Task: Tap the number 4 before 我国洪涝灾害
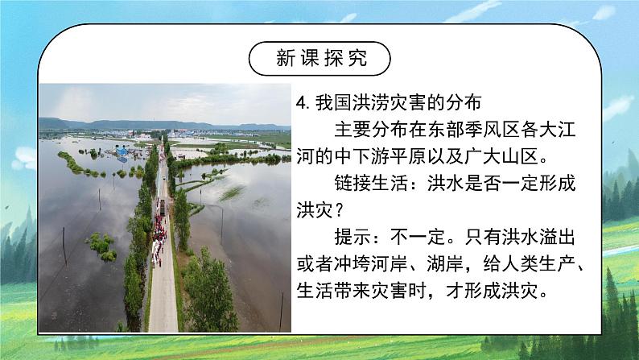click(x=300, y=102)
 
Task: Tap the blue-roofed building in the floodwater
click(x=122, y=151)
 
